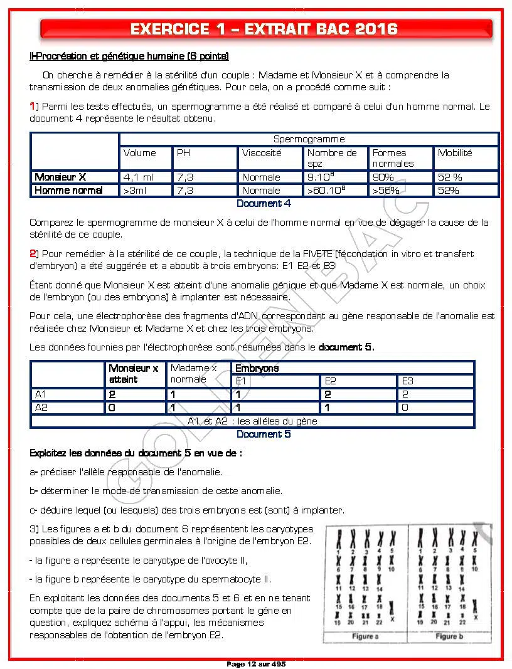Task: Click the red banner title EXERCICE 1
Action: pos(264,29)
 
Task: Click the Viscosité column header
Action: pos(262,153)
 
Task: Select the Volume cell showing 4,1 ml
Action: pos(138,177)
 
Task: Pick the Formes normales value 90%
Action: pos(383,177)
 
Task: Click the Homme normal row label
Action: pos(68,191)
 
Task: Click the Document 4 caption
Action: pos(264,204)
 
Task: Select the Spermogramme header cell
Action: pos(309,139)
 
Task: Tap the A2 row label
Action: pos(41,408)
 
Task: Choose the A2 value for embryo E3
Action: pos(405,408)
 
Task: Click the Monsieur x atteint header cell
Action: pos(133,374)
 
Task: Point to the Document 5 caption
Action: pos(264,434)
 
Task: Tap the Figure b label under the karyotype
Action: pos(446,636)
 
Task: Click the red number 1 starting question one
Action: pos(32,107)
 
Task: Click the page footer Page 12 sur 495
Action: pos(256,664)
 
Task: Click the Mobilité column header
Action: pos(455,153)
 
